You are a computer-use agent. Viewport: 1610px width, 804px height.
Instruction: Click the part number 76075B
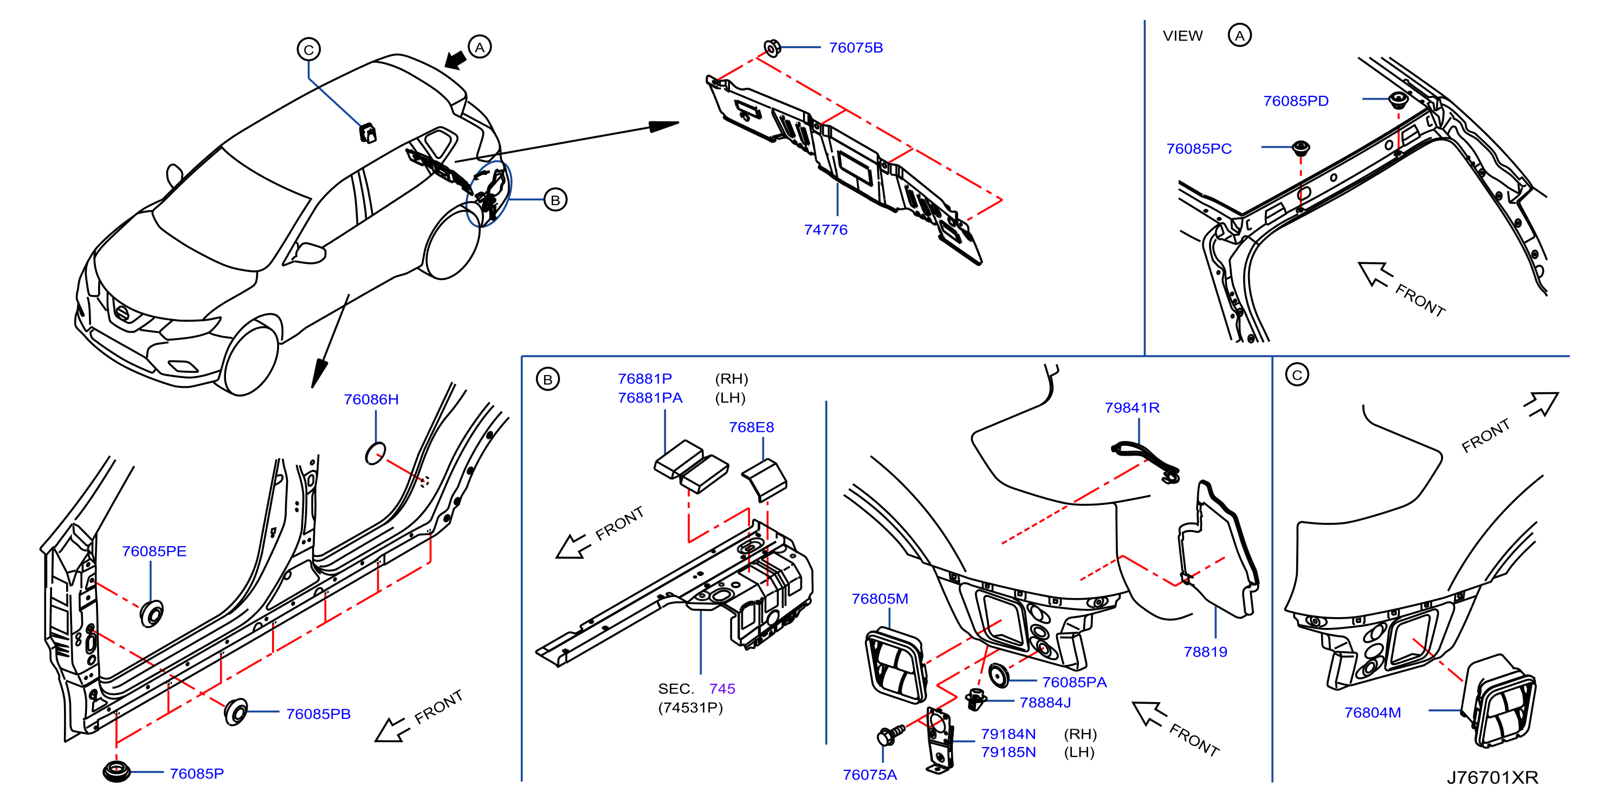click(x=856, y=48)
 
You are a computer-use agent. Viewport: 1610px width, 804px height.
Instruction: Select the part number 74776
click(x=826, y=230)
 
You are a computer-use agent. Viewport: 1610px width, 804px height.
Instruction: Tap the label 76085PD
click(x=1296, y=101)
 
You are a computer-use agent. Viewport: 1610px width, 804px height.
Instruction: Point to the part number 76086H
click(x=371, y=399)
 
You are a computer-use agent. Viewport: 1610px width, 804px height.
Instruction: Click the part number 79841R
click(x=1132, y=408)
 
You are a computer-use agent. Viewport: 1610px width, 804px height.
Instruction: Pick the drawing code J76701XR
click(x=1492, y=778)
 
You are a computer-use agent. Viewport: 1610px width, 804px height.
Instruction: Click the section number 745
click(x=722, y=689)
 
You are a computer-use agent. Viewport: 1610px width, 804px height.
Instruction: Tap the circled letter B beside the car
click(x=555, y=200)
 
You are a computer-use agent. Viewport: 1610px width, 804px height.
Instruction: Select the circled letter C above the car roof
click(x=309, y=49)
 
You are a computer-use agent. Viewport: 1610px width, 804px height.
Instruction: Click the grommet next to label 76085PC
click(x=1301, y=147)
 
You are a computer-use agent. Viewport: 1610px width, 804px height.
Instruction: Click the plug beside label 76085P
click(x=117, y=771)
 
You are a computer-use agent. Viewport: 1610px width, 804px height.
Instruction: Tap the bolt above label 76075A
click(x=890, y=735)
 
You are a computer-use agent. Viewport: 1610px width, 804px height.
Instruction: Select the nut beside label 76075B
click(x=773, y=48)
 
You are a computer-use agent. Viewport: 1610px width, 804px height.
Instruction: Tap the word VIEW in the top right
click(x=1182, y=36)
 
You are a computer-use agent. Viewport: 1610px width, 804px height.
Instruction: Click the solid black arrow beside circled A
click(x=456, y=61)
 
